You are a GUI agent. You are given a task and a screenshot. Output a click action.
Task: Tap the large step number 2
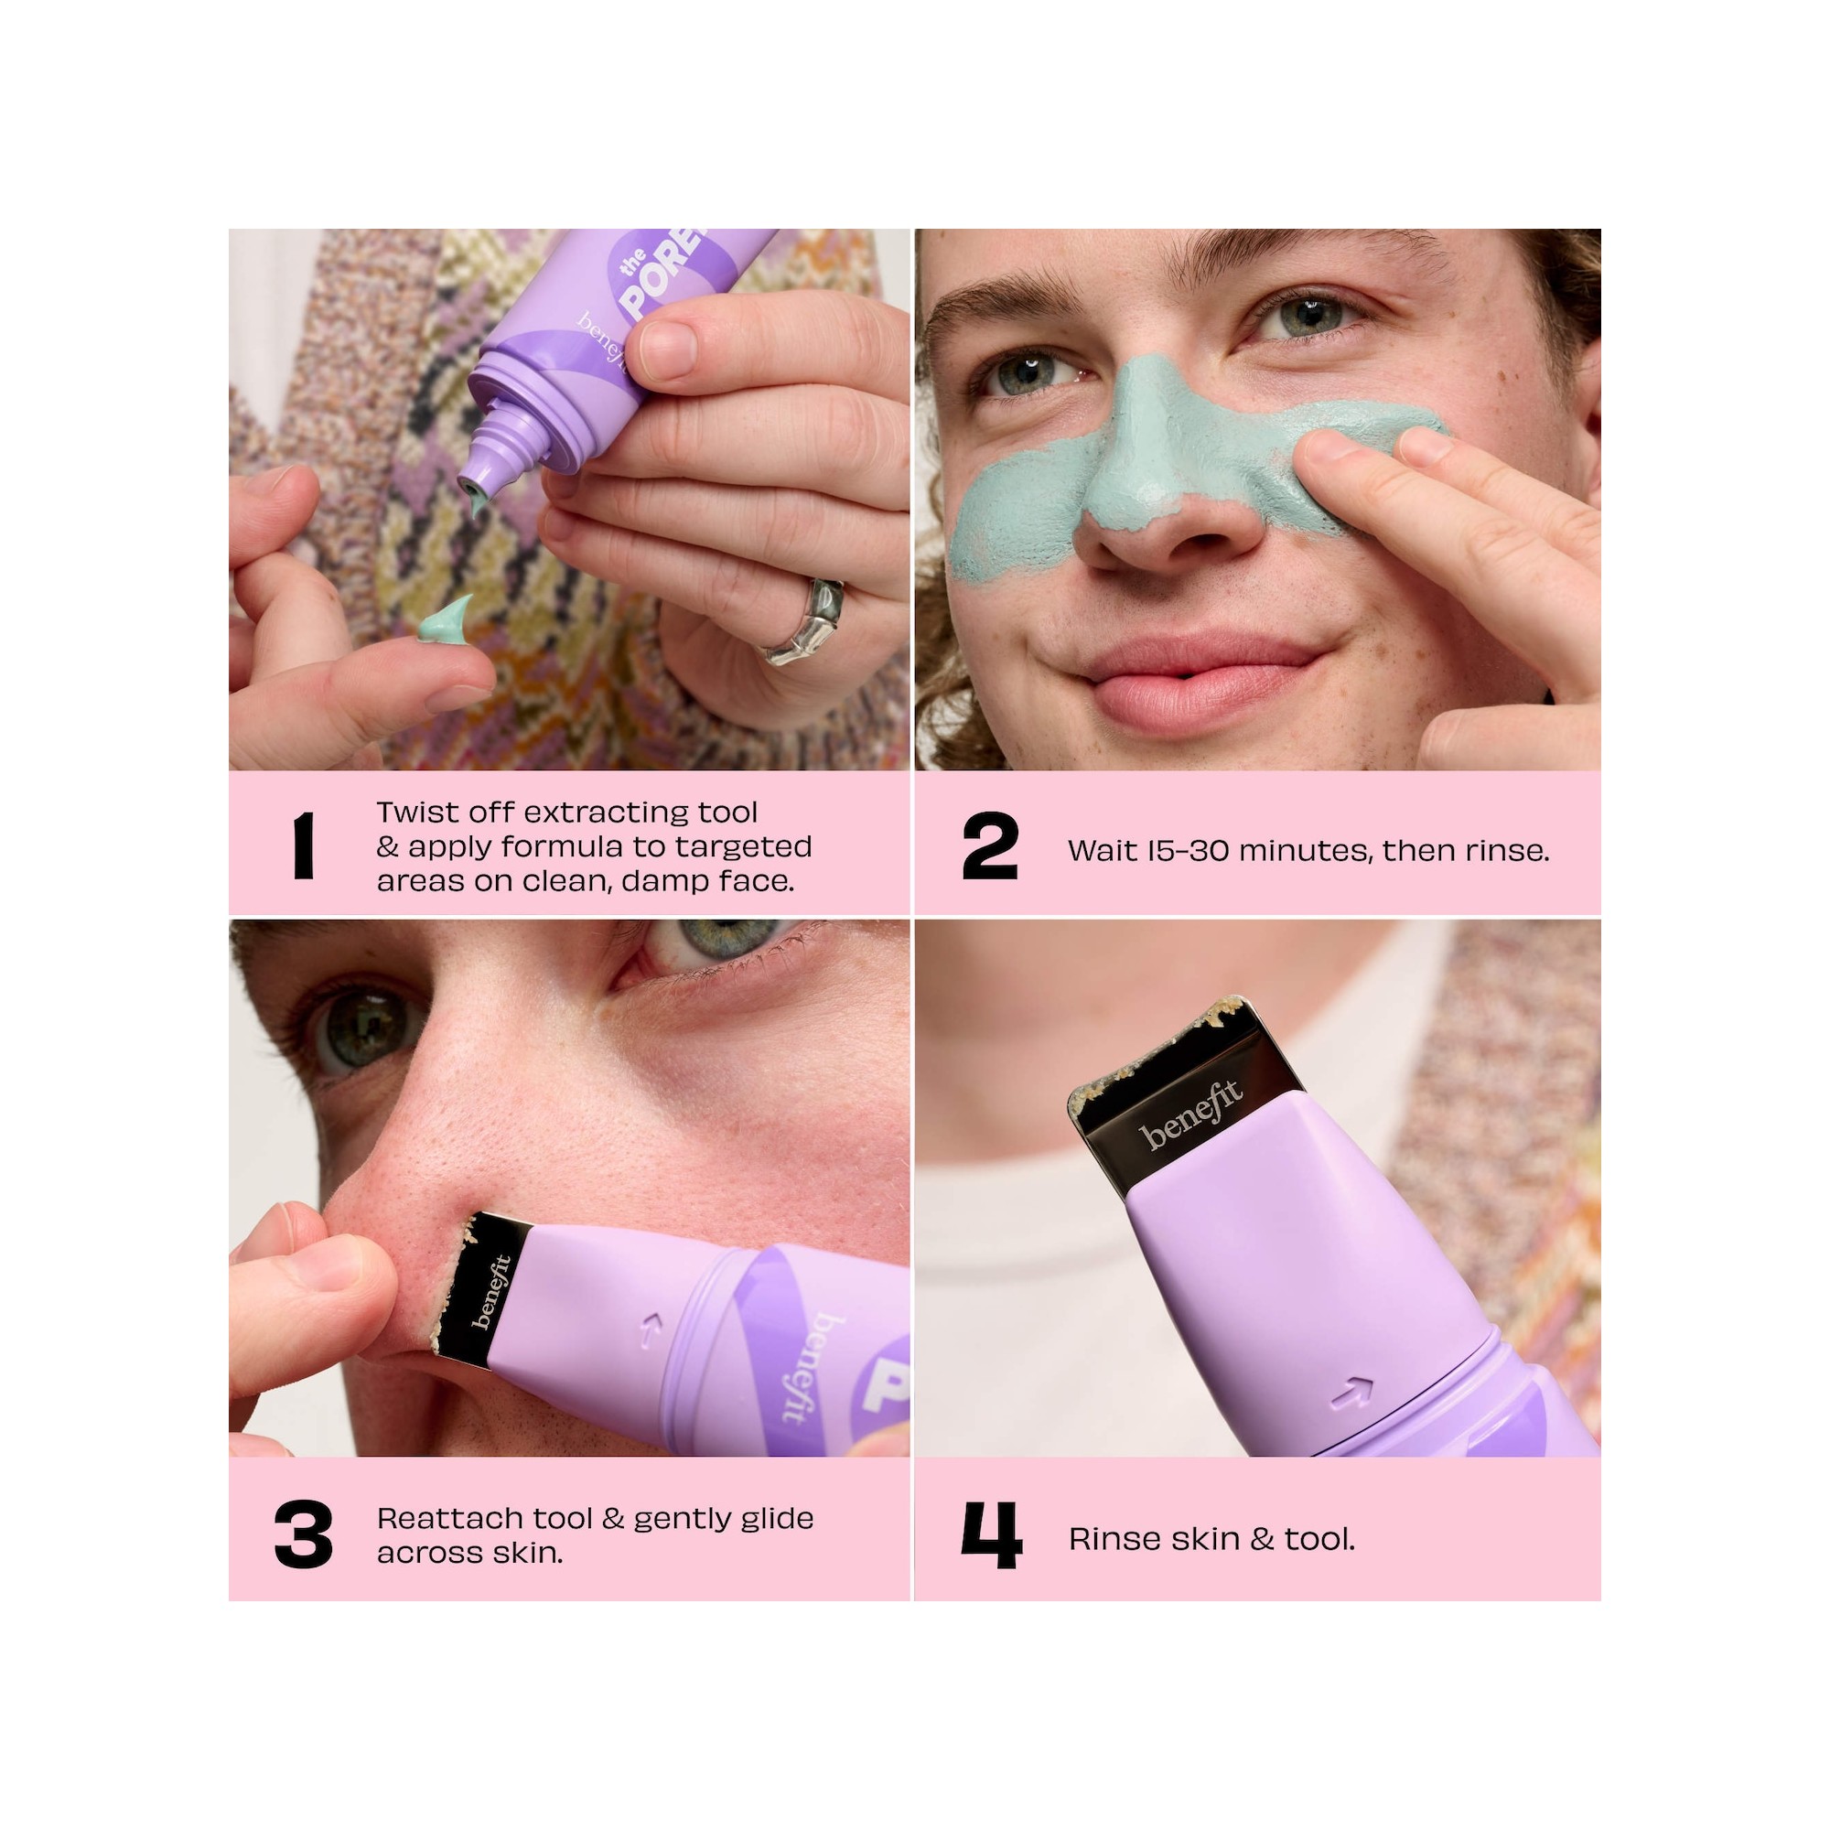click(x=990, y=845)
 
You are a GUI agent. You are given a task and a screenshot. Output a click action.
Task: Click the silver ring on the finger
click(x=804, y=622)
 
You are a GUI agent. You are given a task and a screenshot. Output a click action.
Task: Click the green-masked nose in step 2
click(x=1136, y=455)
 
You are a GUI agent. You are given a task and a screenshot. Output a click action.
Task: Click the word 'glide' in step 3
click(x=771, y=1519)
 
